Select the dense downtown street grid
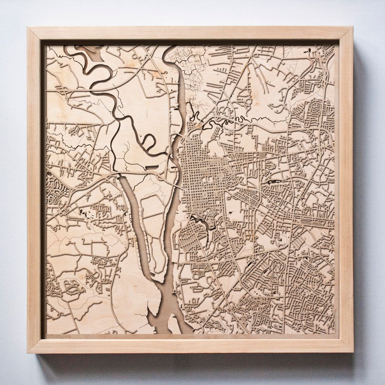[x=200, y=168]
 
